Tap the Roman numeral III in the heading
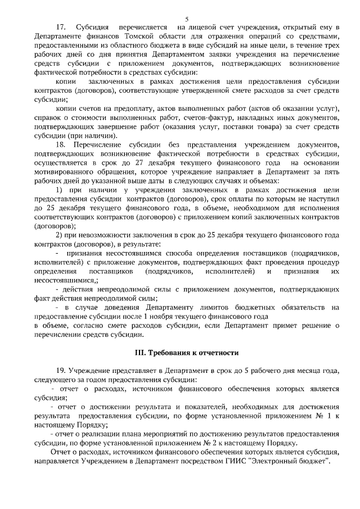click(x=138, y=353)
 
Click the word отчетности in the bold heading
click(x=219, y=353)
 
